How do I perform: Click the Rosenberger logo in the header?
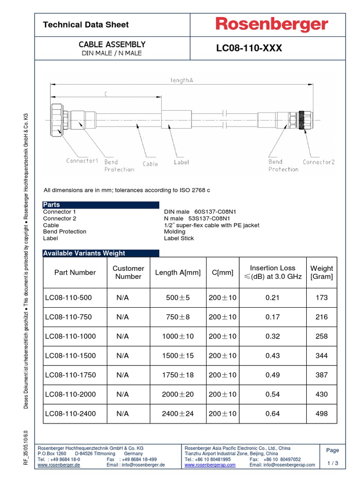click(x=272, y=25)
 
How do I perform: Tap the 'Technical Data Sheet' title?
click(x=86, y=25)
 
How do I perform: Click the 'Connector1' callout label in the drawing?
click(x=82, y=161)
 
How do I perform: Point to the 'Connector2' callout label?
click(x=319, y=162)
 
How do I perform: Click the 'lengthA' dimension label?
click(x=182, y=80)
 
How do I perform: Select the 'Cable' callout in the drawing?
click(x=150, y=164)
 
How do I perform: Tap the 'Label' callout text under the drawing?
click(x=181, y=162)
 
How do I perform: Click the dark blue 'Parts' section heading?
click(x=52, y=205)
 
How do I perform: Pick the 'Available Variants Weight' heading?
click(x=84, y=253)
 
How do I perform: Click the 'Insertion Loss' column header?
click(x=272, y=268)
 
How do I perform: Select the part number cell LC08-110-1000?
click(x=70, y=336)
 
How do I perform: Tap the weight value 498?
click(x=321, y=414)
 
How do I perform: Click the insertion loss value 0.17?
click(x=272, y=317)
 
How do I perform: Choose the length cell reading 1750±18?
click(x=178, y=375)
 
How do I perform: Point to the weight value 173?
click(x=321, y=297)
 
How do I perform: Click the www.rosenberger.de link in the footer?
click(x=59, y=465)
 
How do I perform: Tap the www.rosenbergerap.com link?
click(x=210, y=465)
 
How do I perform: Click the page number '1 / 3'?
click(x=333, y=463)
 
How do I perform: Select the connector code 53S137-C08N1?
click(x=212, y=218)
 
